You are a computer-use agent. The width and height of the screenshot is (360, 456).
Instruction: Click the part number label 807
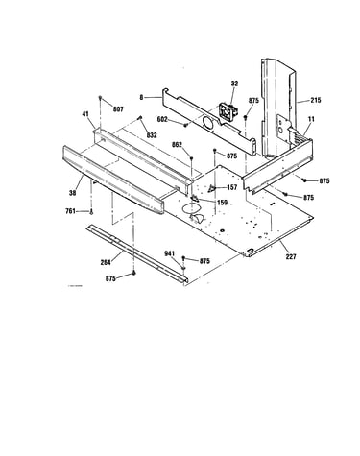tap(118, 109)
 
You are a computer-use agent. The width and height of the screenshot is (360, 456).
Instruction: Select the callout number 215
tap(315, 100)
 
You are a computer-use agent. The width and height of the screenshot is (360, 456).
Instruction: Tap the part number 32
tap(234, 84)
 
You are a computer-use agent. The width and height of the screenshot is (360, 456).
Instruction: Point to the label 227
tap(291, 256)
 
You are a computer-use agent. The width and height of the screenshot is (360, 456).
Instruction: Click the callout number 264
tap(106, 262)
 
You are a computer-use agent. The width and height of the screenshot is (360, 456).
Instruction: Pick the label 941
tap(169, 253)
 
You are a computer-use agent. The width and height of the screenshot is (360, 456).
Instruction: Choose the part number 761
tap(70, 211)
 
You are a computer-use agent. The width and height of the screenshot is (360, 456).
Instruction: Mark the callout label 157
tap(232, 187)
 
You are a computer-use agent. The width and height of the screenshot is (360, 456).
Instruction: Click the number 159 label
tap(222, 203)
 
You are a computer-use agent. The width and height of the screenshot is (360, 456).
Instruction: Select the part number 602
tap(162, 119)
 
